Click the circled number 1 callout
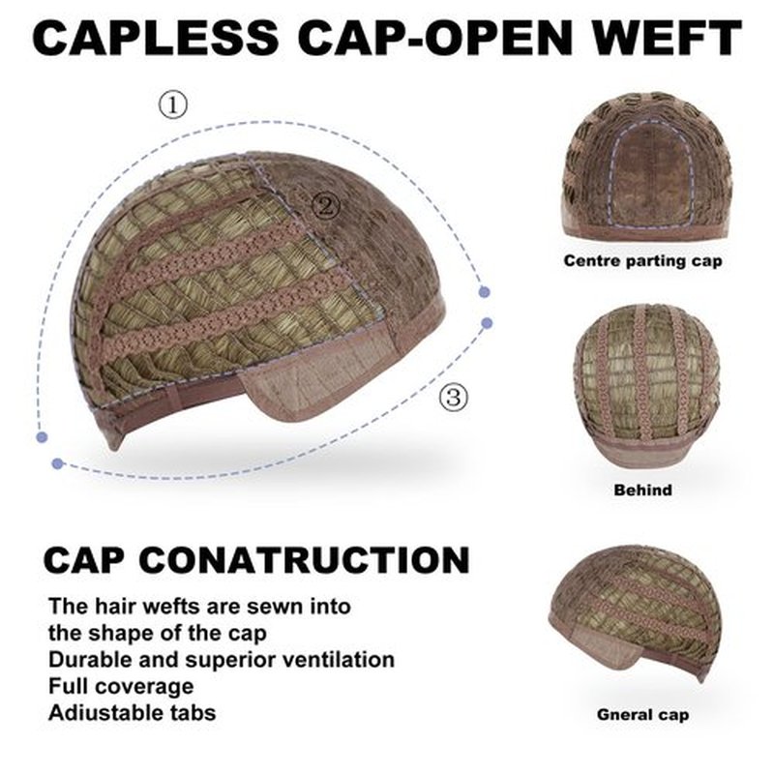coord(173,104)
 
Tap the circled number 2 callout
coord(326,205)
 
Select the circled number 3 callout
coord(453,397)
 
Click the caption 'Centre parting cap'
coord(642,260)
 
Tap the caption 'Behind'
coord(642,490)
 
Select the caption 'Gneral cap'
coord(642,714)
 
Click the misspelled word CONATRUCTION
coord(304,560)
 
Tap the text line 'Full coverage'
coord(121,687)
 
